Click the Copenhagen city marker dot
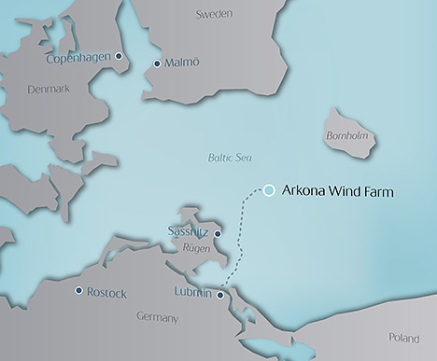[120, 57]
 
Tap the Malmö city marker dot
[156, 64]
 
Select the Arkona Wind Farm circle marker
[269, 190]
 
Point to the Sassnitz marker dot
[218, 233]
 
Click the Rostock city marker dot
[78, 291]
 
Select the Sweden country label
[214, 14]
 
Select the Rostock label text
[106, 292]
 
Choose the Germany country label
[156, 317]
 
